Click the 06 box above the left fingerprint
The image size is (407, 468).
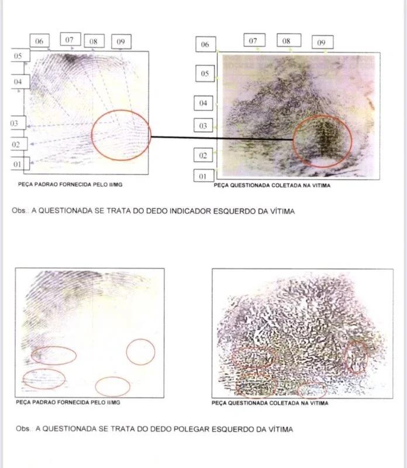click(x=39, y=41)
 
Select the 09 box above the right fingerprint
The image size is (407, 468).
click(x=322, y=42)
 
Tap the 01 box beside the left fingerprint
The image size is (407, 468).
click(x=20, y=164)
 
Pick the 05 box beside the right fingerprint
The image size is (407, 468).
click(x=205, y=73)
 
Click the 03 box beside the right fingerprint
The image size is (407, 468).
click(x=203, y=126)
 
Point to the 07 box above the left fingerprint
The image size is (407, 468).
click(x=70, y=39)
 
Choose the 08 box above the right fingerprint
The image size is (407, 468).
click(x=289, y=40)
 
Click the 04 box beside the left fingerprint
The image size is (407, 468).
click(x=20, y=81)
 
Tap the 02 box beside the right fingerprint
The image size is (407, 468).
click(x=203, y=155)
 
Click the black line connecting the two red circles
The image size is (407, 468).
click(x=222, y=138)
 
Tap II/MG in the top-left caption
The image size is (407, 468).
click(x=116, y=185)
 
